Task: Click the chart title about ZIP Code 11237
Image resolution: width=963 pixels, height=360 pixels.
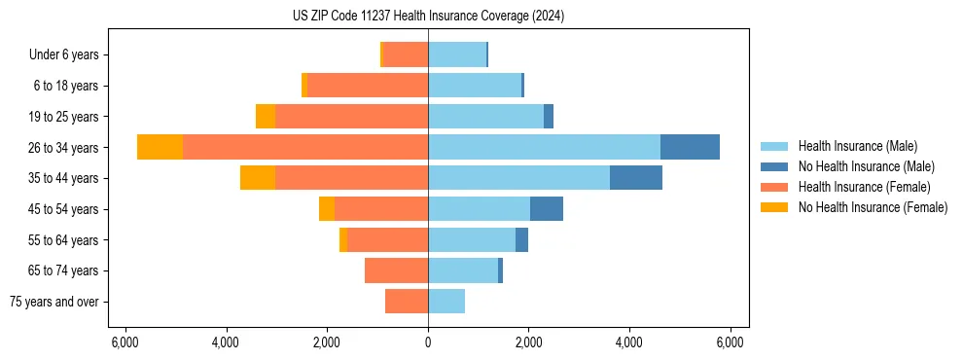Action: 428,17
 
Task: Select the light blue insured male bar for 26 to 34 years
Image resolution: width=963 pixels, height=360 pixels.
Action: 544,147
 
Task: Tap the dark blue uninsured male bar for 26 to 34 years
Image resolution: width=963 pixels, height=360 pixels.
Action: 690,147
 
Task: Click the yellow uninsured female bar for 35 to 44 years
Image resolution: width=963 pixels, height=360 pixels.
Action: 258,178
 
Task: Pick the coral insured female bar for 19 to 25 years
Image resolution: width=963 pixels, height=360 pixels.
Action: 351,117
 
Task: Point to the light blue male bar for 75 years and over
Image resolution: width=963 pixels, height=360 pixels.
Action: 446,302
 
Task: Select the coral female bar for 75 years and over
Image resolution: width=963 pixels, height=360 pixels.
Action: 407,302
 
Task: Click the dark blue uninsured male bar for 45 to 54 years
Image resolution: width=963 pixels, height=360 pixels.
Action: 547,209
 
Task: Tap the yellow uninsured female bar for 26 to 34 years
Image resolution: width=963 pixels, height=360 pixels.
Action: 160,147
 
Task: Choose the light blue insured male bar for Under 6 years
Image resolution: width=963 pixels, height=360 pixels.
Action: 457,54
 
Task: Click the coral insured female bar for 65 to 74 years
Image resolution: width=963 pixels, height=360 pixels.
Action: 396,270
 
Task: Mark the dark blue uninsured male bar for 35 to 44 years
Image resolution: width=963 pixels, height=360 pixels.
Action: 636,178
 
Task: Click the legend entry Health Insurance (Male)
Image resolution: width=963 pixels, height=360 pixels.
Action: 857,146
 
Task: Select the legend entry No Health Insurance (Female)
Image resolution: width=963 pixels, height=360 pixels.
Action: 873,207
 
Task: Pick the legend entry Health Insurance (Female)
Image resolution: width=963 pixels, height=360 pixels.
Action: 864,187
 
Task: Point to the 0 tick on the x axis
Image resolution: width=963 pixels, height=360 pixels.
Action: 428,342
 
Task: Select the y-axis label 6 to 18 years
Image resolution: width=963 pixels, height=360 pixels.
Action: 66,86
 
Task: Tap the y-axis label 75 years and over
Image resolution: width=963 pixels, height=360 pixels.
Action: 54,302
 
